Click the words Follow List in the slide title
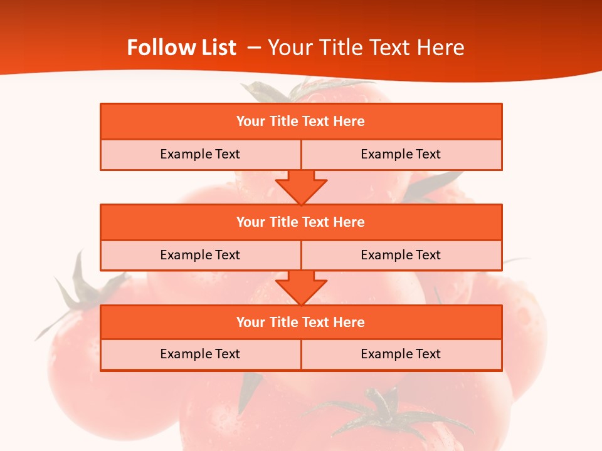click(x=181, y=48)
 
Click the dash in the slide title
click(x=255, y=48)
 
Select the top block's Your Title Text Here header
click(x=300, y=122)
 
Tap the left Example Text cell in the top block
click(x=200, y=154)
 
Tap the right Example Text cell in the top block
click(x=401, y=154)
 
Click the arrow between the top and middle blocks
click(x=301, y=187)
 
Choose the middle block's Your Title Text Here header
click(x=300, y=222)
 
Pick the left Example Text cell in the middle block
click(x=200, y=255)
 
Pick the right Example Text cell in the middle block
click(x=401, y=255)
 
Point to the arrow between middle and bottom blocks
click(x=301, y=288)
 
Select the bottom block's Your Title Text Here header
click(x=300, y=322)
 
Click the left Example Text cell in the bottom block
click(x=200, y=354)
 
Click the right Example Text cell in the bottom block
click(x=401, y=354)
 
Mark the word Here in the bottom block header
click(x=349, y=322)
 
